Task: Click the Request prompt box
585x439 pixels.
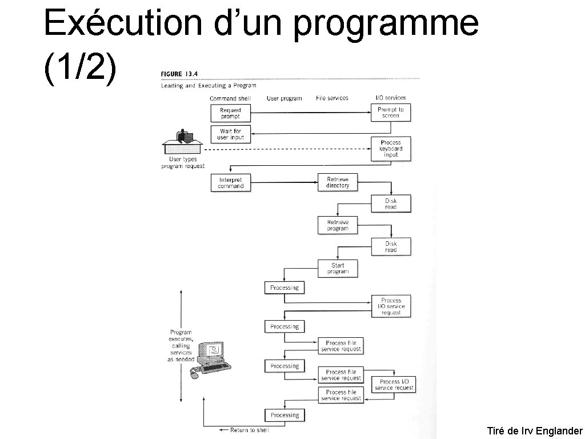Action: click(231, 113)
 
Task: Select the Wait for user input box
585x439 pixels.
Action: click(231, 134)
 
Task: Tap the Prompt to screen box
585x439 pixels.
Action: click(391, 113)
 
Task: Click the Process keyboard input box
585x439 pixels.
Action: click(391, 149)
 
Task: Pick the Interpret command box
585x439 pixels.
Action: click(231, 183)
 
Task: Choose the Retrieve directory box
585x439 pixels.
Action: click(338, 182)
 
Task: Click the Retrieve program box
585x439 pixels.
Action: click(338, 225)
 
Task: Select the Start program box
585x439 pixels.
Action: click(338, 269)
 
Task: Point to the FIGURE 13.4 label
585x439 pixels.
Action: click(179, 74)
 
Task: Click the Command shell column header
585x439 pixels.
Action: click(230, 98)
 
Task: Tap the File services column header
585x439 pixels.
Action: click(332, 98)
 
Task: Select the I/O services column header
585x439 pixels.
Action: click(391, 98)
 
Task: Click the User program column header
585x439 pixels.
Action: click(284, 98)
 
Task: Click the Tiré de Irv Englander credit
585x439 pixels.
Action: click(535, 431)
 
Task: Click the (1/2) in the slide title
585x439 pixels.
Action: click(80, 69)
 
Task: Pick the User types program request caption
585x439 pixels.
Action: click(183, 162)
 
